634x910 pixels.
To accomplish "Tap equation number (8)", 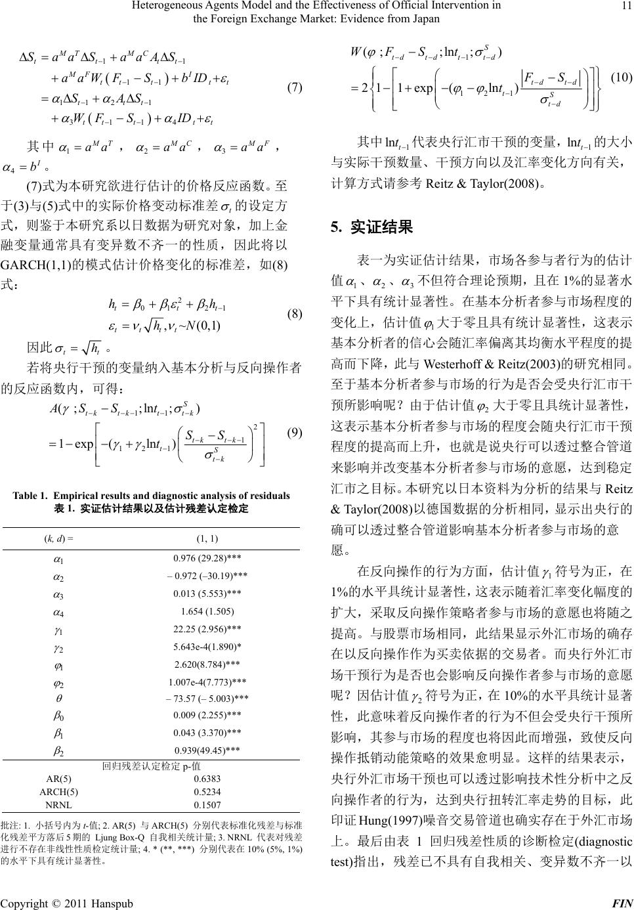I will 295,313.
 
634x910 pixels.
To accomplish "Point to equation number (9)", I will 295,433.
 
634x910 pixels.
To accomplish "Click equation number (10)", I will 620,78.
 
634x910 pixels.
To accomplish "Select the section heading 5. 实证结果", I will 372,227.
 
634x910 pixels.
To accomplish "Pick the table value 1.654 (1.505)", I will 207,613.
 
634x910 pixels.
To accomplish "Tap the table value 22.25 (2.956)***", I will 207,632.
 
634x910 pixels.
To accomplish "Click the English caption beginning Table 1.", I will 151,495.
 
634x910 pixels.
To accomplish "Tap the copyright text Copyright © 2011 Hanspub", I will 67,903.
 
